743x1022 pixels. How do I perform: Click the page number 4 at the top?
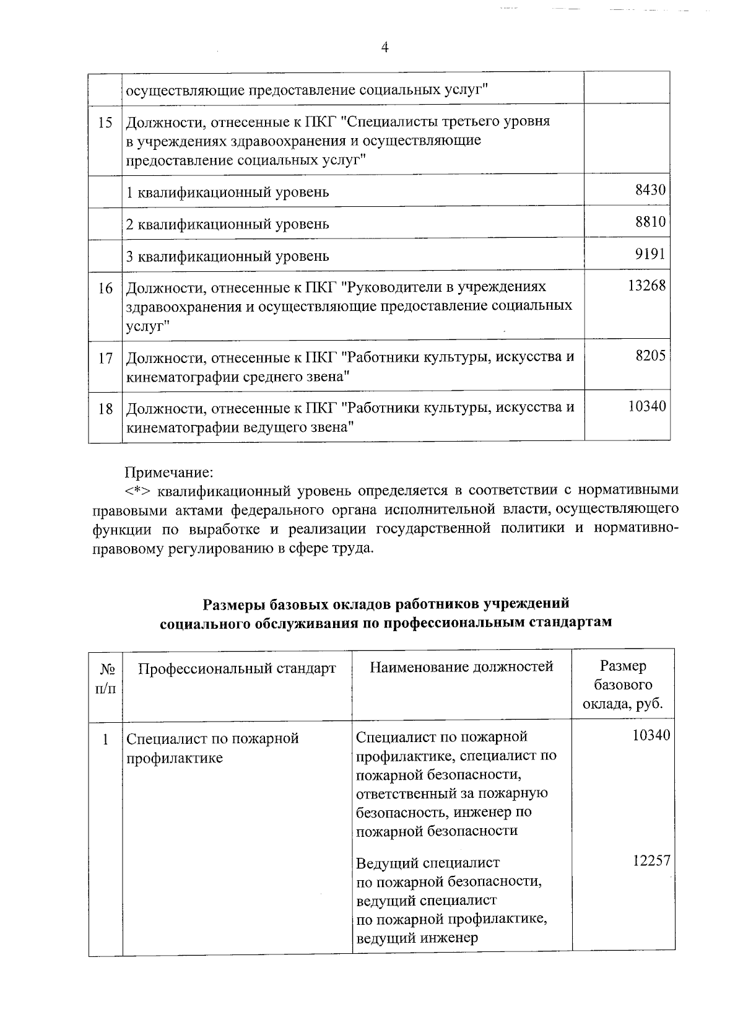385,48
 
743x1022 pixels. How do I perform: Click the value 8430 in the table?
650,190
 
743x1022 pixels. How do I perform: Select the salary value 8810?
650,222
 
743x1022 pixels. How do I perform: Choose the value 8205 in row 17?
650,356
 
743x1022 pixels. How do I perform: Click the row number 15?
105,122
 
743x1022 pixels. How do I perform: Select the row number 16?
105,288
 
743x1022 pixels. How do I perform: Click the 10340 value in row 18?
646,406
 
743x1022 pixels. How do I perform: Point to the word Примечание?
169,473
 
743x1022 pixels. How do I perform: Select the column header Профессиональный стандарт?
237,668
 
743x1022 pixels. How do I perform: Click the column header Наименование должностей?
461,666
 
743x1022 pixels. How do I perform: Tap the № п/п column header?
106,678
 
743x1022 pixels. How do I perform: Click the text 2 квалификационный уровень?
227,224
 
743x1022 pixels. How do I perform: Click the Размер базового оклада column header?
623,685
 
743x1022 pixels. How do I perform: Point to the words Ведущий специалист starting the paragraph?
428,863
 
